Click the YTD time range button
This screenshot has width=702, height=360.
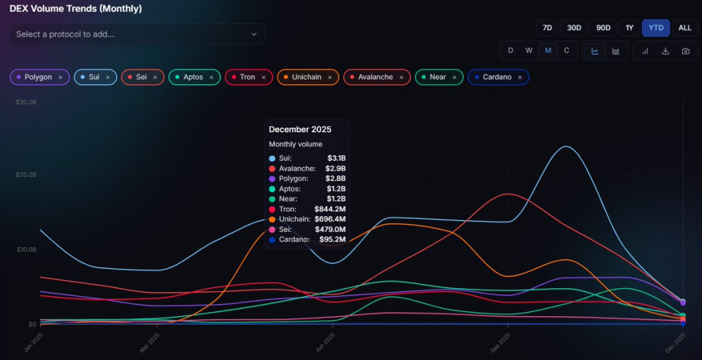pos(655,28)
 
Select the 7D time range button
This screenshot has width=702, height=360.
pos(547,28)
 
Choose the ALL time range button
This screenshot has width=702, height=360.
pos(685,28)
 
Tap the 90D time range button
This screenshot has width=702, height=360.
pos(603,28)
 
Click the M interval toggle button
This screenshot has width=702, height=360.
pos(548,51)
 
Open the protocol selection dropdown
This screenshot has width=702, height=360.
pos(137,34)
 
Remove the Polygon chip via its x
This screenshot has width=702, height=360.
pos(60,77)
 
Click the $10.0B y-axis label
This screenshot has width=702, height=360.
pos(25,250)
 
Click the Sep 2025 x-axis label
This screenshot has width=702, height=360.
pos(500,342)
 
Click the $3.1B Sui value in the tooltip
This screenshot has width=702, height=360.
pos(336,158)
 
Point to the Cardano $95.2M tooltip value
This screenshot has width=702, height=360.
pos(330,239)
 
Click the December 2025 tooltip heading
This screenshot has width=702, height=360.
pos(300,130)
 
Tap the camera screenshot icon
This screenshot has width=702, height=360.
pos(686,51)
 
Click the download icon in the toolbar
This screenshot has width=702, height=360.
pos(665,51)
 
